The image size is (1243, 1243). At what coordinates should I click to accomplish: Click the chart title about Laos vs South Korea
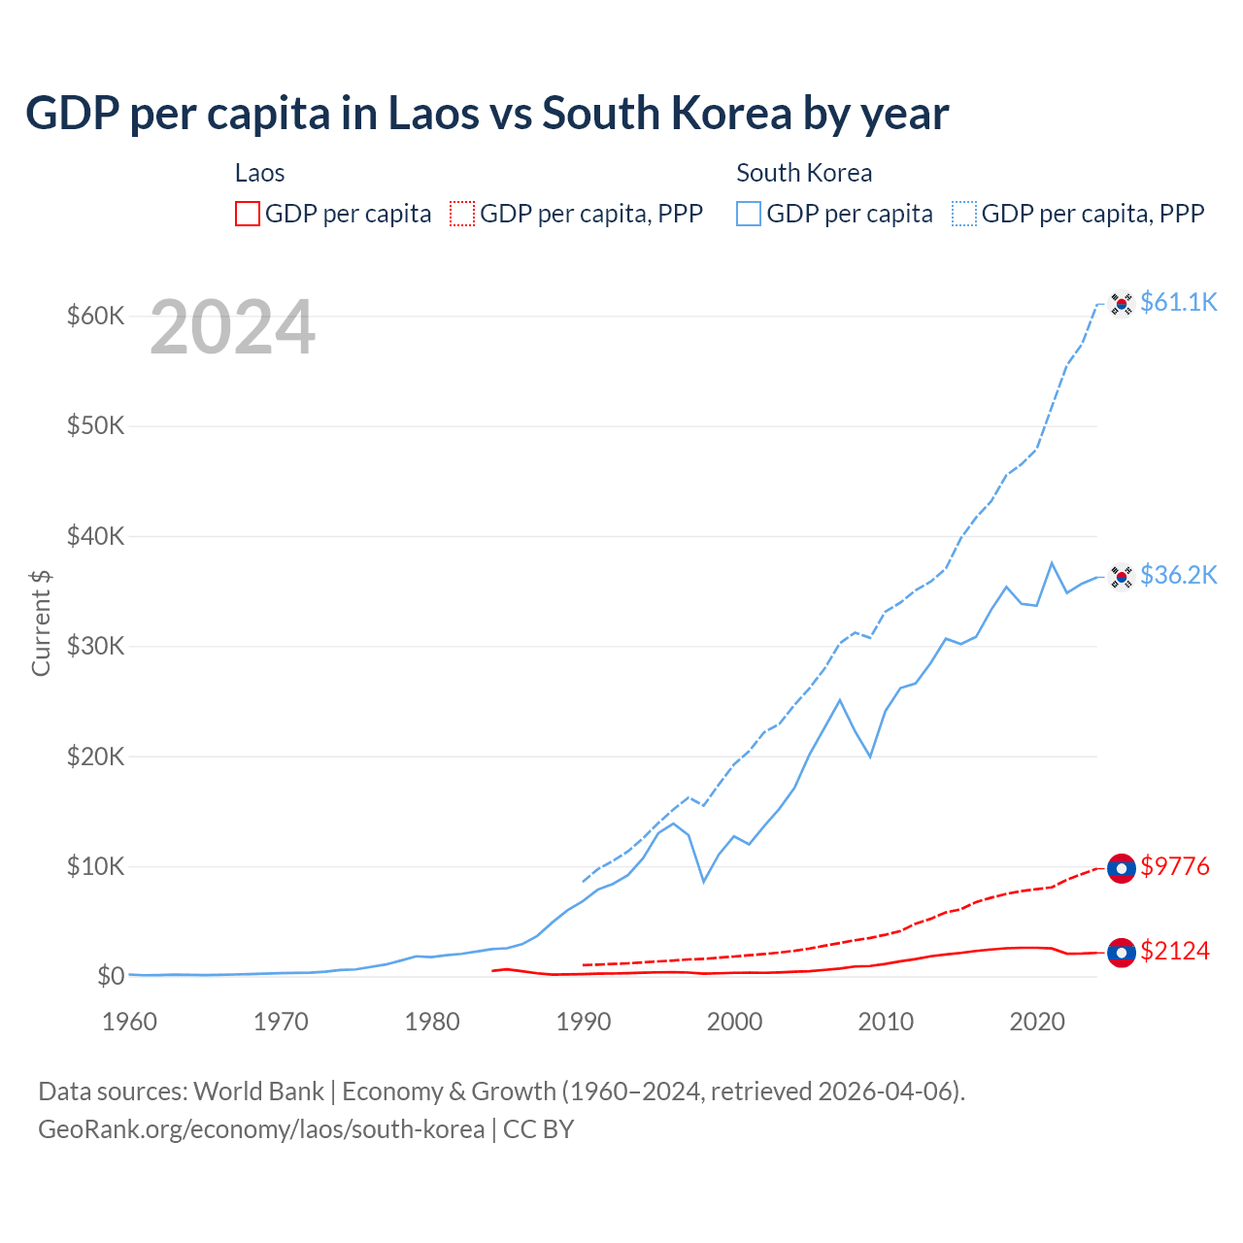click(x=487, y=114)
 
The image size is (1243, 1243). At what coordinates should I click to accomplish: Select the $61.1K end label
click(x=1178, y=302)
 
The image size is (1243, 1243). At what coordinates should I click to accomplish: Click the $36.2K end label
click(x=1178, y=575)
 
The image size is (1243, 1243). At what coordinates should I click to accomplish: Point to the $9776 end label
click(x=1174, y=866)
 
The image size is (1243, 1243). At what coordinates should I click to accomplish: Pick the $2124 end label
click(x=1174, y=951)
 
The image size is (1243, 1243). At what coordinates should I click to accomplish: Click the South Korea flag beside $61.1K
click(x=1122, y=304)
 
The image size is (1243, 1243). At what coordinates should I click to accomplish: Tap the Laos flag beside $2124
click(x=1122, y=953)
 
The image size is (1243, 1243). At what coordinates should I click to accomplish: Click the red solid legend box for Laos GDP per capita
click(x=248, y=214)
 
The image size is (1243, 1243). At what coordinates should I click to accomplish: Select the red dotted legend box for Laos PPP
click(x=462, y=214)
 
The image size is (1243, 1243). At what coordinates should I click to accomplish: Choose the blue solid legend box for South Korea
click(x=749, y=214)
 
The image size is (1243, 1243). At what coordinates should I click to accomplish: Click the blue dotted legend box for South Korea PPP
click(x=964, y=214)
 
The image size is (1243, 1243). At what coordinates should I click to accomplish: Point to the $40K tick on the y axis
click(x=95, y=536)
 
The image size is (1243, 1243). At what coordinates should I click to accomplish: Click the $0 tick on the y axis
click(x=110, y=976)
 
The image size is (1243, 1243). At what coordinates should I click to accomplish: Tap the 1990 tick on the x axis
click(x=584, y=1022)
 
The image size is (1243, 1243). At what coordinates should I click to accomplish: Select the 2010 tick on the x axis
click(x=886, y=1022)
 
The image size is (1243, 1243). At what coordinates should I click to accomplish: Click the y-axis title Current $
click(x=41, y=622)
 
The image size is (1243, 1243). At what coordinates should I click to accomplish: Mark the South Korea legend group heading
click(x=804, y=173)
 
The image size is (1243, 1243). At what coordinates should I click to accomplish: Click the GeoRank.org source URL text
click(x=261, y=1129)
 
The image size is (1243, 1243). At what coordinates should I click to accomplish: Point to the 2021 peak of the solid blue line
click(x=1052, y=563)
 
